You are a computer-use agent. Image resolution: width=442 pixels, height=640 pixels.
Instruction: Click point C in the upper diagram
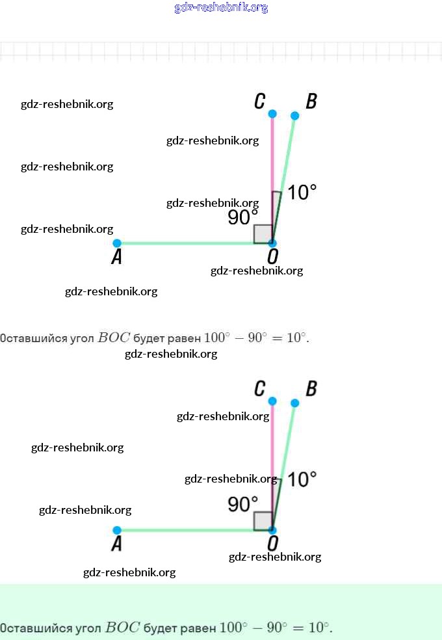click(272, 114)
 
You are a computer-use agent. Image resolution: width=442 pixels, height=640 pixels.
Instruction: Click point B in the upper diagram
click(294, 116)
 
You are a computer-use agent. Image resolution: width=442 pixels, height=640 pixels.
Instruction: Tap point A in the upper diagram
click(117, 243)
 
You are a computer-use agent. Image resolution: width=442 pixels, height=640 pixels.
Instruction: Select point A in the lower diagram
click(117, 530)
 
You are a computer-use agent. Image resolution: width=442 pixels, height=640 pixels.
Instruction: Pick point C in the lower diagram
click(272, 401)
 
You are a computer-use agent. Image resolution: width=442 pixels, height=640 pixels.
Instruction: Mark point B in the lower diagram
click(294, 403)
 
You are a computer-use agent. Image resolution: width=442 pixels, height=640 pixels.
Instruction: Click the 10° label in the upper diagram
click(302, 193)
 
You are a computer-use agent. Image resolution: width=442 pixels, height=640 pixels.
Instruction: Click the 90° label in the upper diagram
click(243, 217)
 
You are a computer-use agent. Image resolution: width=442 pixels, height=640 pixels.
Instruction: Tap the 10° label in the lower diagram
click(302, 479)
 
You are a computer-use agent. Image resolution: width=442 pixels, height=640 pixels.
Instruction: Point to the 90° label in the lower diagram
click(243, 504)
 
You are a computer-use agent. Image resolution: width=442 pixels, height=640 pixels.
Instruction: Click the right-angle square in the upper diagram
click(263, 234)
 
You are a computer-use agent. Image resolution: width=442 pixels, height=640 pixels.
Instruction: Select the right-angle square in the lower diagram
click(263, 521)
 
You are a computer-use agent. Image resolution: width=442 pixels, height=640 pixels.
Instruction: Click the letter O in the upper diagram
click(273, 258)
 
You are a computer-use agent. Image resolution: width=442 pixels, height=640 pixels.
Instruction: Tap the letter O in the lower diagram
click(273, 544)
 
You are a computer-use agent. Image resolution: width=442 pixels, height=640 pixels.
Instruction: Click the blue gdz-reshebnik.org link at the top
click(221, 8)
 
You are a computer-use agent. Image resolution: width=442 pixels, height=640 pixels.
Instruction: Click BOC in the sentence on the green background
click(122, 628)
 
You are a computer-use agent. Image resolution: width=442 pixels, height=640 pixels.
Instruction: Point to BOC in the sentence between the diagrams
click(114, 338)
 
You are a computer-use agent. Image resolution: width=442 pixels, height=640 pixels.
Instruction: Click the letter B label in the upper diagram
click(311, 101)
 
